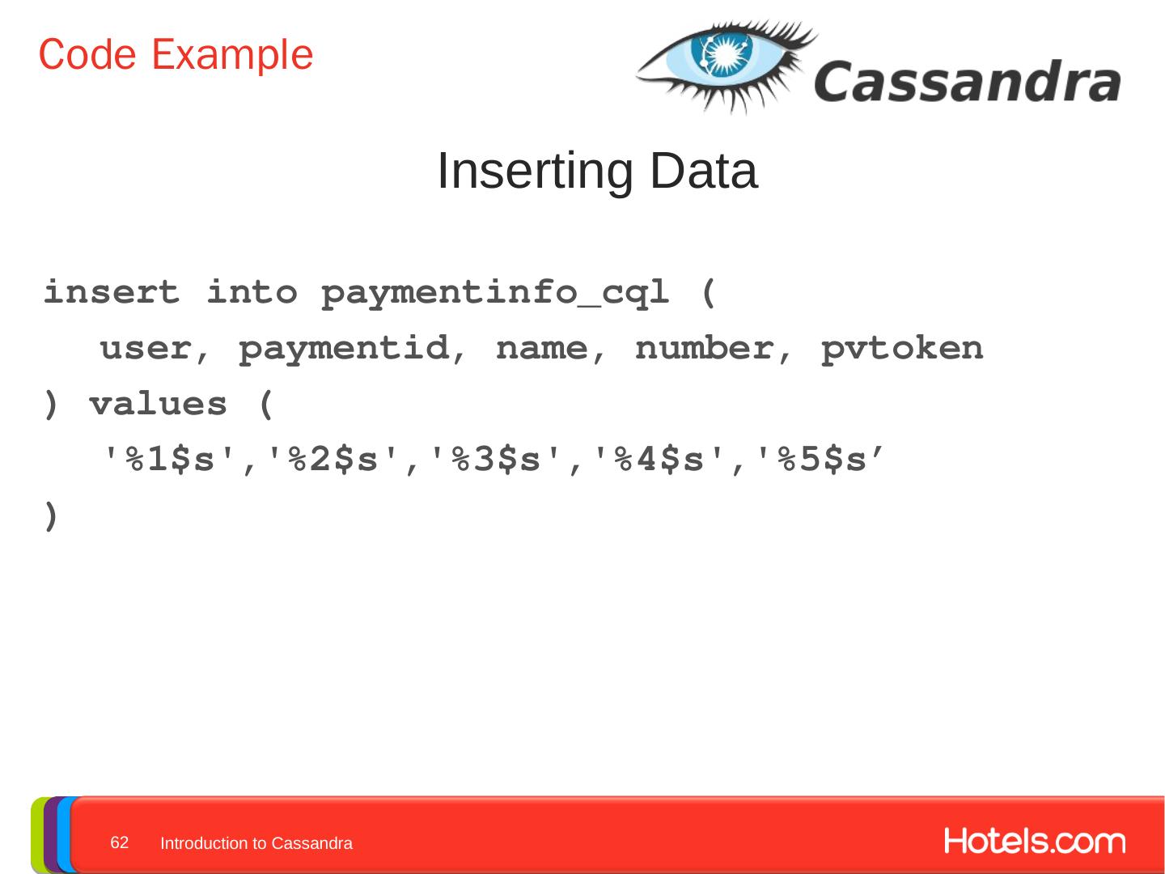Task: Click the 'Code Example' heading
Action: pyautogui.click(x=176, y=55)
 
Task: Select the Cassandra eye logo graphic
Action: pyautogui.click(x=724, y=65)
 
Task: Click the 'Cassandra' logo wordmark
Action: pyautogui.click(x=967, y=82)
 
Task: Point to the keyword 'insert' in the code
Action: pyautogui.click(x=112, y=292)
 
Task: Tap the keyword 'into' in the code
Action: pyautogui.click(x=252, y=292)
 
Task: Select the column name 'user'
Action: pyautogui.click(x=146, y=348)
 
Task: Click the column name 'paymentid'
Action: pyautogui.click(x=344, y=350)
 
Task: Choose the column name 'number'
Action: pyautogui.click(x=704, y=348)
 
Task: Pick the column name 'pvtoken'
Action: pyautogui.click(x=902, y=350)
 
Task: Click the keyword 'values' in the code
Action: pyautogui.click(x=158, y=404)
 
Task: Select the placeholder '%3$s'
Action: pyautogui.click(x=496, y=460)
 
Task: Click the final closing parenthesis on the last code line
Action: pyautogui.click(x=51, y=515)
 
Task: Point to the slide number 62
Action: pyautogui.click(x=120, y=842)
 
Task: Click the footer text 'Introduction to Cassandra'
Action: pyautogui.click(x=256, y=843)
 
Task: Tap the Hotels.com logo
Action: pyautogui.click(x=1034, y=842)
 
